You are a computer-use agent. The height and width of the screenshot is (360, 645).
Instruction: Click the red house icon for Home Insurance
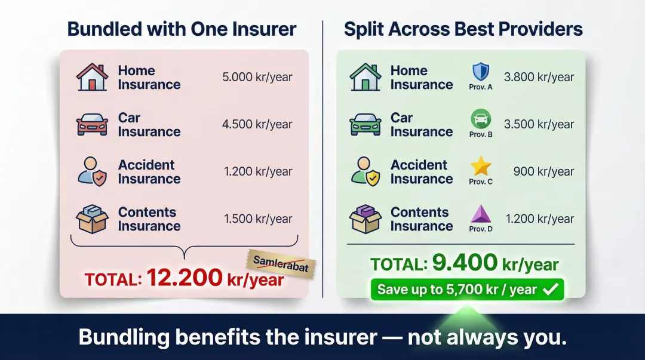[x=92, y=77]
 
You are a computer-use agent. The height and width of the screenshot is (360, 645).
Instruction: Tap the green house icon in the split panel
[x=365, y=77]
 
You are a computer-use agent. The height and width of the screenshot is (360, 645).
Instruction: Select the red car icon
[x=92, y=125]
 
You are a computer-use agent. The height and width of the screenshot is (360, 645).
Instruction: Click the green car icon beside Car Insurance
[x=365, y=125]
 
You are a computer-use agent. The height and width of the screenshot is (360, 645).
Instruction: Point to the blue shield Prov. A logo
[x=481, y=72]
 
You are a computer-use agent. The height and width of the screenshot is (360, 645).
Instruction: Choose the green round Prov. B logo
[x=481, y=119]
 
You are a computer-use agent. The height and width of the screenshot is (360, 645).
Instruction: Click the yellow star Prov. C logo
[x=481, y=167]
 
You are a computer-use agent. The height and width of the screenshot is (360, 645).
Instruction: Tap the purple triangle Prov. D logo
[x=481, y=214]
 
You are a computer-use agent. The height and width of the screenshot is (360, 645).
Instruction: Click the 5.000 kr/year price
[x=257, y=77]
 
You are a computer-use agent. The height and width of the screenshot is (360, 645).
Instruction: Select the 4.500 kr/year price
[x=257, y=125]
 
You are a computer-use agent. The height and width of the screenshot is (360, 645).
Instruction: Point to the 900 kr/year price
[x=543, y=172]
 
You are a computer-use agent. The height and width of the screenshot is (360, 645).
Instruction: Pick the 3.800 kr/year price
[x=539, y=77]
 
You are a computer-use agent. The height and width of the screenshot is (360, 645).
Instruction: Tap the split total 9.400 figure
[x=464, y=263]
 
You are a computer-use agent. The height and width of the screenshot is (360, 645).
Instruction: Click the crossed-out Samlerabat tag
[x=281, y=263]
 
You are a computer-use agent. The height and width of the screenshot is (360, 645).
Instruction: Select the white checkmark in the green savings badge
[x=551, y=290]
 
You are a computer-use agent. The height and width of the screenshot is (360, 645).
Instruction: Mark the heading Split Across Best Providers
[x=463, y=29]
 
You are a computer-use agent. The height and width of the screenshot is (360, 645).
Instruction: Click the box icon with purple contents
[x=365, y=219]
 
